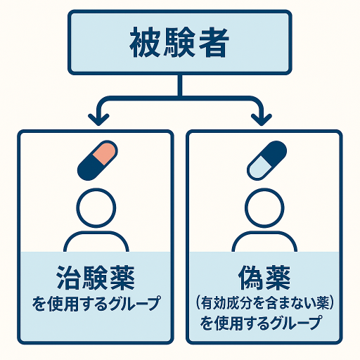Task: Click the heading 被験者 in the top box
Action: pos(179,42)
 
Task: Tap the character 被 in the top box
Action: pos(146,42)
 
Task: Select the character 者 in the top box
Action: pos(214,42)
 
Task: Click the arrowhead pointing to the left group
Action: pos(98,119)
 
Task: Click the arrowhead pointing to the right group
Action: pos(262,119)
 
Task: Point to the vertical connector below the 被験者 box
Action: pos(180,86)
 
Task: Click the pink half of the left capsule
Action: pos(105,153)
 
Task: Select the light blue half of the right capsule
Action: pos(259,168)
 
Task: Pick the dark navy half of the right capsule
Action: pos(275,153)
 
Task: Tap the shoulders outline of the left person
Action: pos(96,232)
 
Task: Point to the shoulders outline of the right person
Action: pos(264,232)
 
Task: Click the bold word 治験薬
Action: pos(96,278)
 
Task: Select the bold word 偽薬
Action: pos(264,278)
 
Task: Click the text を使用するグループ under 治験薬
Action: pos(96,303)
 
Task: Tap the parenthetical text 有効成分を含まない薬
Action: pos(265,303)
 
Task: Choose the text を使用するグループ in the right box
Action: pos(261,323)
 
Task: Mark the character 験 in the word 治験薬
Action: pos(96,278)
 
